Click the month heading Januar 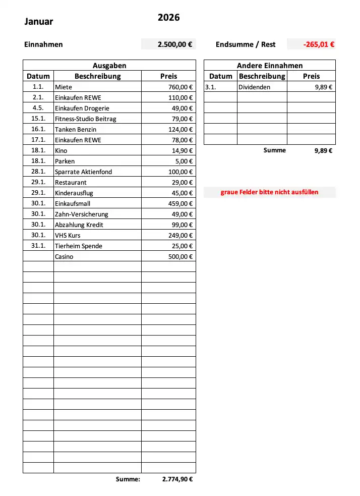39,22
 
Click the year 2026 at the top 168,18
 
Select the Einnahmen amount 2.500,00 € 174,44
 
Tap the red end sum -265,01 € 319,44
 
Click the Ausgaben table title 109,66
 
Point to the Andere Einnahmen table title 270,66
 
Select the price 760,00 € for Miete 181,87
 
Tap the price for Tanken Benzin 181,129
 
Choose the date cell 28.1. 38,172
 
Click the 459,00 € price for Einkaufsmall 181,203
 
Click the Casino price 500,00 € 181,256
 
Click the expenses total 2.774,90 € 177,479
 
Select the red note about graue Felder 270,192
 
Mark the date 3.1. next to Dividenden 211,87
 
